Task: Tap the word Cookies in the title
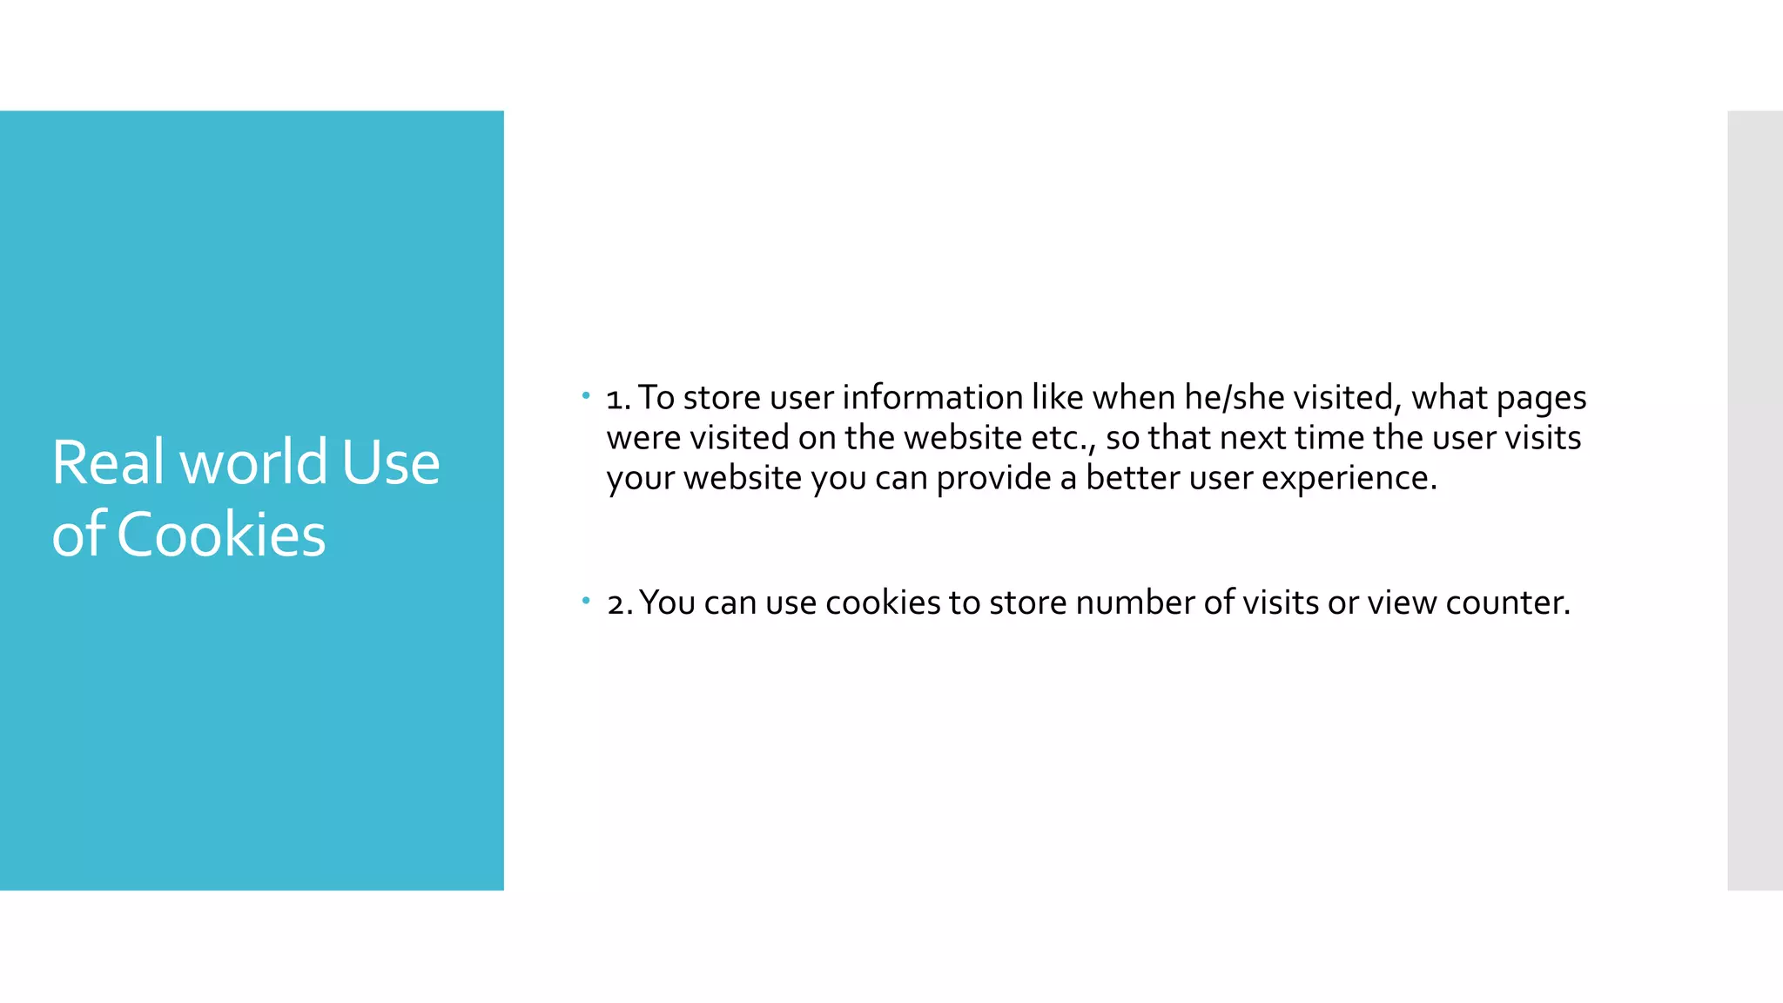221,535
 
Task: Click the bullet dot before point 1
586,396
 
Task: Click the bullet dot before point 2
586,601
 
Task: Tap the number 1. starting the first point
618,399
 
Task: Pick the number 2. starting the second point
619,603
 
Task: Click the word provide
993,478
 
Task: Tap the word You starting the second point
667,602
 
